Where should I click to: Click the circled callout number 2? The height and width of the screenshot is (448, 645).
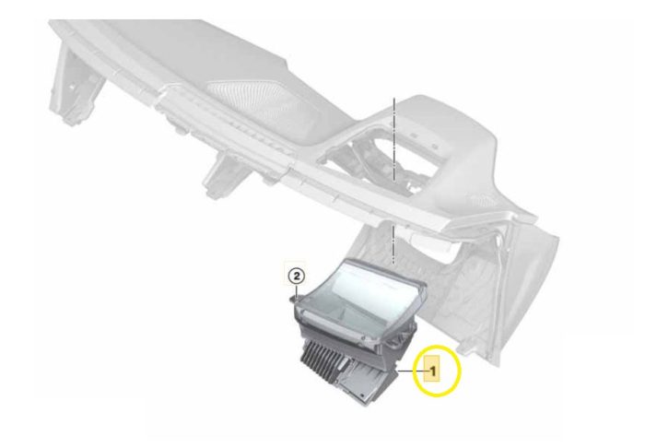[297, 276]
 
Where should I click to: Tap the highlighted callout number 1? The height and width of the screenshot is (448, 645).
[432, 371]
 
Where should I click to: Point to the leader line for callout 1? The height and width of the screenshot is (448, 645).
[411, 371]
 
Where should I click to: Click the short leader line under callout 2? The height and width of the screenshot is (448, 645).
[296, 291]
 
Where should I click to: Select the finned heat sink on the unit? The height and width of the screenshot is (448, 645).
[326, 357]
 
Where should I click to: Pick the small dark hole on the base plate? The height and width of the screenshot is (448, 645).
[361, 395]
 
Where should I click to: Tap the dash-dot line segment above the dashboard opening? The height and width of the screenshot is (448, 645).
[394, 140]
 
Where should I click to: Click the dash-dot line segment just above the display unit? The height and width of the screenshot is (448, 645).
[393, 244]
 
